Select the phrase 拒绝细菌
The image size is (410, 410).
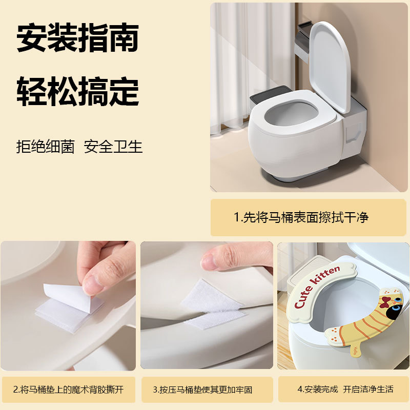(46, 147)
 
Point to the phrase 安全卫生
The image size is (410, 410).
(113, 147)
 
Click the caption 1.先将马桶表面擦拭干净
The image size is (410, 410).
(308, 217)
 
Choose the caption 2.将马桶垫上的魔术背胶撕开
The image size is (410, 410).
(68, 389)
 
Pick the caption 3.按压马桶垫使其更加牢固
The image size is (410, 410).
(207, 389)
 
